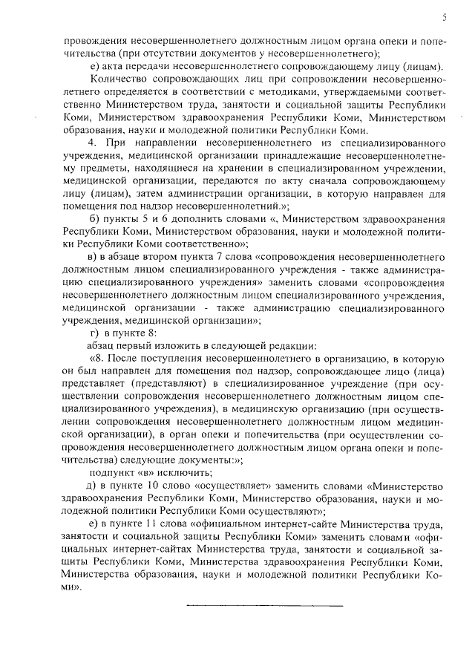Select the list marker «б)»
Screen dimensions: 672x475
94,221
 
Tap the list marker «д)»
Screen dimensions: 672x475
94,486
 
